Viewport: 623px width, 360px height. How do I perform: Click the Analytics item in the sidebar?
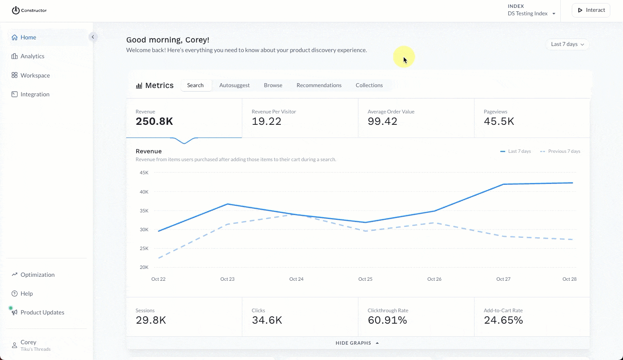pos(32,56)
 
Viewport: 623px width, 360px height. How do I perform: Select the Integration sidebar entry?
pos(35,94)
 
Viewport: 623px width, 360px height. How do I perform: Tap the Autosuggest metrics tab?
pos(234,85)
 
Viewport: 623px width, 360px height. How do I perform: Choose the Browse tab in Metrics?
pos(273,85)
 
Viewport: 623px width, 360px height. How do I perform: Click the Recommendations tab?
pos(319,85)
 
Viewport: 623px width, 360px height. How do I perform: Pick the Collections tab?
pos(369,85)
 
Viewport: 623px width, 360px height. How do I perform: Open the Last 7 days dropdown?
pos(567,44)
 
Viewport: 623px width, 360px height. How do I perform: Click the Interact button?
pos(591,10)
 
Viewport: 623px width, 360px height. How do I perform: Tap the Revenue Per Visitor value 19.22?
pos(266,121)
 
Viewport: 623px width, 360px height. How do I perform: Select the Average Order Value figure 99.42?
pos(382,121)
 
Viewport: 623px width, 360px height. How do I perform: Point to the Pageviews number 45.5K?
pos(499,121)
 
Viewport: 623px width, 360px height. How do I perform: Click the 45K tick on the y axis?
pos(144,173)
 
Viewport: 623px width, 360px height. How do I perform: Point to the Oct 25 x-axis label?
pos(365,279)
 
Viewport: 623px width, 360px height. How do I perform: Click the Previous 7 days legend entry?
pos(560,151)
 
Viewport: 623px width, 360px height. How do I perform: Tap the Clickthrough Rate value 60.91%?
pos(387,320)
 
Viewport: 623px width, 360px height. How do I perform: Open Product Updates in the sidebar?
pos(42,312)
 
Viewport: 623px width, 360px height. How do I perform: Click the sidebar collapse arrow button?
pos(93,37)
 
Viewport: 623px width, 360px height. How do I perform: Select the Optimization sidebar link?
pos(37,275)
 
